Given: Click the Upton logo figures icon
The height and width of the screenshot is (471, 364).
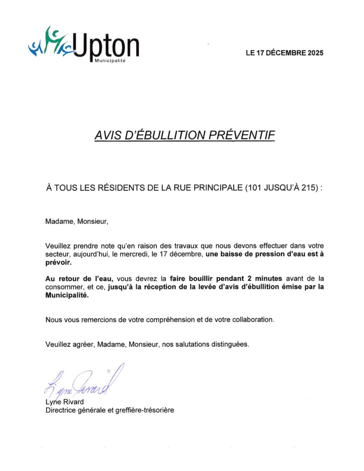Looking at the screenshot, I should (51, 43).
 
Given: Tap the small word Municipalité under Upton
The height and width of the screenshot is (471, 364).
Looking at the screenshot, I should (110, 61).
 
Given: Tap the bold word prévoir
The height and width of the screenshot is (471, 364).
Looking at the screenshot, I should (58, 263).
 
